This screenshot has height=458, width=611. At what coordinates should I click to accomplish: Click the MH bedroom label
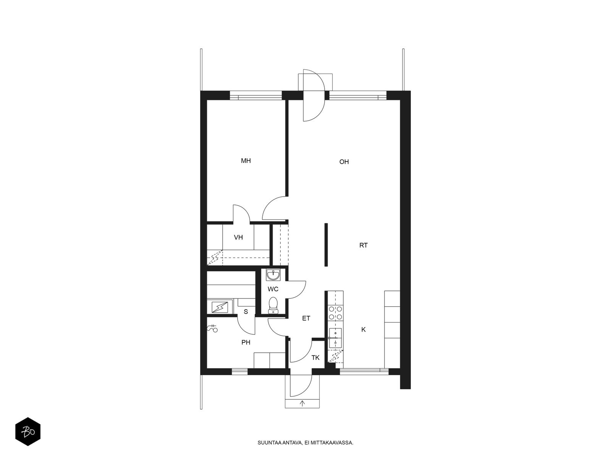[246, 161]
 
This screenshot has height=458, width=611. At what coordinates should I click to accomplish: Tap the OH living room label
[344, 162]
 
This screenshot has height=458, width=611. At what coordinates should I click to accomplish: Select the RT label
[364, 245]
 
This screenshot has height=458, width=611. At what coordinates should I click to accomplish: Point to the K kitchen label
[364, 329]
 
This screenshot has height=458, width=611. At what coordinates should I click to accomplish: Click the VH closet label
[238, 237]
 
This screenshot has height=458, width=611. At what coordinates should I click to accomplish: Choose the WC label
[273, 289]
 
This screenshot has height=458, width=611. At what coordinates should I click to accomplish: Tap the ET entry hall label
[306, 318]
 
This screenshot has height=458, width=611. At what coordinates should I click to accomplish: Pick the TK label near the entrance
[315, 358]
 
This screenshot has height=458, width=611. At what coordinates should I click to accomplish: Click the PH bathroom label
[246, 343]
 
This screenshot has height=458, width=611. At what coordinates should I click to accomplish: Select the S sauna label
[246, 312]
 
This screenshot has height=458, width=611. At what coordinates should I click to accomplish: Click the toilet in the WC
[273, 305]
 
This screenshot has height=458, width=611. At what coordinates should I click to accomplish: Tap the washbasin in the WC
[273, 275]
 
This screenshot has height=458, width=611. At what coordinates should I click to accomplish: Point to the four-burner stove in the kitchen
[335, 313]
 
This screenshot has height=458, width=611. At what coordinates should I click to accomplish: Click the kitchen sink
[335, 338]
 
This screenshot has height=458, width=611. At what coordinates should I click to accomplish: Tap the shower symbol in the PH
[212, 328]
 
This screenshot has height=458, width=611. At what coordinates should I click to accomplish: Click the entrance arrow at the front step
[302, 403]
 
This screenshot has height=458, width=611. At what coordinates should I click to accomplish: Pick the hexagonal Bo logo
[28, 432]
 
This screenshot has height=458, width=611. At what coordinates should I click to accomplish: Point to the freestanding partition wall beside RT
[326, 245]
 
